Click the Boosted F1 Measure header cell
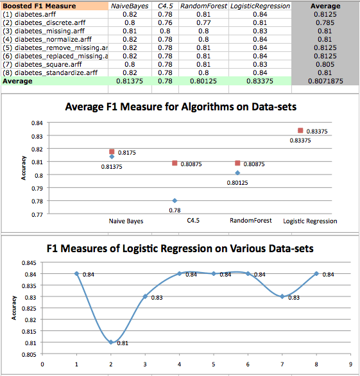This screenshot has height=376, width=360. [55, 6]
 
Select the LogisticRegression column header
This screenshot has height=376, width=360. [261, 6]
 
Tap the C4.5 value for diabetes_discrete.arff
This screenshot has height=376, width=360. [165, 22]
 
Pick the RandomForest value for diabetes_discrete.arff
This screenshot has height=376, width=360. [203, 22]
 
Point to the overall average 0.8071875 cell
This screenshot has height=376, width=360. [325, 81]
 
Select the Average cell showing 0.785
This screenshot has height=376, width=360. [325, 22]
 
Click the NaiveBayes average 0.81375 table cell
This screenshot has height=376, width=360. [130, 81]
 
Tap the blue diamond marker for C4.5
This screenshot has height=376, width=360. [175, 200]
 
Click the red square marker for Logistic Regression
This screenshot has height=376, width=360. [300, 130]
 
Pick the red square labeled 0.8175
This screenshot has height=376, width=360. [112, 151]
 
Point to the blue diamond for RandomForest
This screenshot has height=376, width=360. [237, 173]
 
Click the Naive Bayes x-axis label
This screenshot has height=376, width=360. [126, 221]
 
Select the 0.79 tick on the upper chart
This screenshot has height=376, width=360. [37, 189]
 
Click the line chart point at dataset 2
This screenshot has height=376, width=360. [111, 342]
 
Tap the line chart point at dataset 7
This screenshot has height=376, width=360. [282, 296]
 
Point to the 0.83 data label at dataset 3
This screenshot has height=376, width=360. [157, 298]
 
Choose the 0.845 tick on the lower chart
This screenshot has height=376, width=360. [29, 263]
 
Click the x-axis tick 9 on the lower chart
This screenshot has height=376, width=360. [350, 364]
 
